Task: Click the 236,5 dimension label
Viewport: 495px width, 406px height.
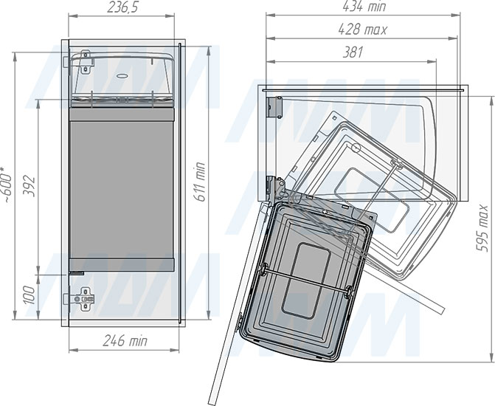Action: coord(122,7)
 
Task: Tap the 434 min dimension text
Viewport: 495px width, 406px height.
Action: coord(364,7)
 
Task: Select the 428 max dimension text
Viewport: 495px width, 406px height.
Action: coord(362,30)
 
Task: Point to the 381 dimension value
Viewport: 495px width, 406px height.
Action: coord(353,52)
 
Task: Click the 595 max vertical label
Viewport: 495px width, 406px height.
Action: coord(482,228)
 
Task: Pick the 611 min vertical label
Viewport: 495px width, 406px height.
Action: coord(199,182)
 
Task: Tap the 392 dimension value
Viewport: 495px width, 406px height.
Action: coord(30,186)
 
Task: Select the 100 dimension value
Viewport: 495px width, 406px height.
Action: coord(30,295)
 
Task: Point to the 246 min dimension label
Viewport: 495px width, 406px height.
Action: coord(125,341)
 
